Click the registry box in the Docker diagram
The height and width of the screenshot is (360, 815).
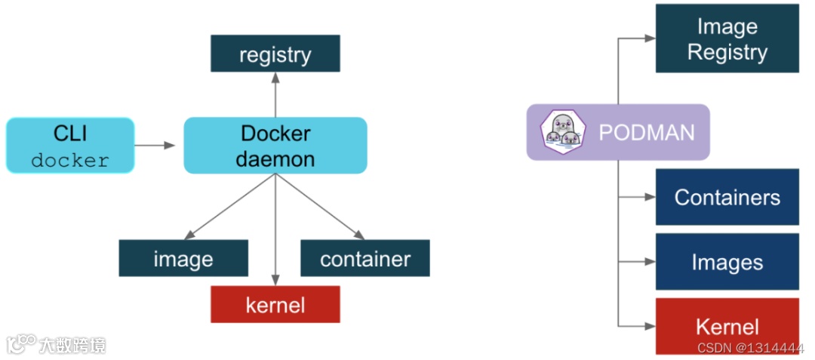(x=275, y=53)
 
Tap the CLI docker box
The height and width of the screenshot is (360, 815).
(x=70, y=146)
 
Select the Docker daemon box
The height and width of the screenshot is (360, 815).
(x=275, y=146)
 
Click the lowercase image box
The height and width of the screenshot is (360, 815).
(x=183, y=258)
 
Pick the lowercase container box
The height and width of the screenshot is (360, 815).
(x=365, y=258)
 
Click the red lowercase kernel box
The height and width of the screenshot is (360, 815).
(x=275, y=304)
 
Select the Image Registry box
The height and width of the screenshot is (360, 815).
(x=727, y=38)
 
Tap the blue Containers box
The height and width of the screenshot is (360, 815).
(x=727, y=197)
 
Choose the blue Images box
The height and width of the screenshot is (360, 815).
(x=727, y=261)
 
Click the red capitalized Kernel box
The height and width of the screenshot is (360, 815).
(x=727, y=326)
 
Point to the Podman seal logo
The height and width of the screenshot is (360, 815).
(x=563, y=133)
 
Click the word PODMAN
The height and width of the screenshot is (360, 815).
(x=647, y=133)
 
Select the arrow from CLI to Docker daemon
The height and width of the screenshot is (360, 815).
(x=155, y=146)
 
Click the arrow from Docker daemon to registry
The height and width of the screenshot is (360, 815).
(x=275, y=94)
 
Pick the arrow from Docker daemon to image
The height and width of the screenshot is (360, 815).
(x=229, y=207)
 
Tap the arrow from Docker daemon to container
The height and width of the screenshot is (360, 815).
(x=320, y=207)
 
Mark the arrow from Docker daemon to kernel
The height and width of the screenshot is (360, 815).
(x=275, y=229)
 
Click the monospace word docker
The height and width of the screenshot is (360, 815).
(x=70, y=161)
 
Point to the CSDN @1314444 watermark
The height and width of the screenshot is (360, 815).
(x=751, y=347)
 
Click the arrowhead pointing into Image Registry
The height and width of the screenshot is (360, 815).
(x=650, y=38)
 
